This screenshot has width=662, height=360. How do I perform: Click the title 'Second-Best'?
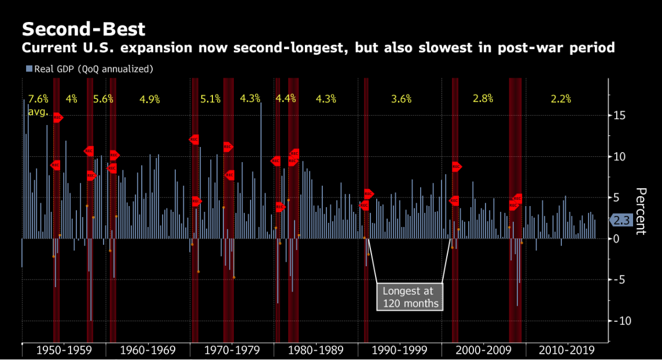83,28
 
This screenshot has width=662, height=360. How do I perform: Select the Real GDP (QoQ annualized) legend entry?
90,69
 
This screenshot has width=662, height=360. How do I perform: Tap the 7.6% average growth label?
38,98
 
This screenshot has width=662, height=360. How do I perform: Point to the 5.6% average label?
104,98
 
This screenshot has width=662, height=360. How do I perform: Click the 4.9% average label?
149,98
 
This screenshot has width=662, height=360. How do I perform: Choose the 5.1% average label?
211,98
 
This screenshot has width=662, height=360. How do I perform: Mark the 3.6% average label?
401,98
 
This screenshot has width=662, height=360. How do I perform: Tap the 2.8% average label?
483,98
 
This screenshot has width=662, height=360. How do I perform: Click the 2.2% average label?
561,98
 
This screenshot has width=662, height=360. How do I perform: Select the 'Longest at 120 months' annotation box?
410,297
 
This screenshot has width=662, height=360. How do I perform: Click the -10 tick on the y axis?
621,321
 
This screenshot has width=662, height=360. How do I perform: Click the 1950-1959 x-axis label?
63,350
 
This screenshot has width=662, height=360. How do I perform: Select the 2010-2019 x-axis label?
565,350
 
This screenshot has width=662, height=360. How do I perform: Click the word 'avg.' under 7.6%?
38,111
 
